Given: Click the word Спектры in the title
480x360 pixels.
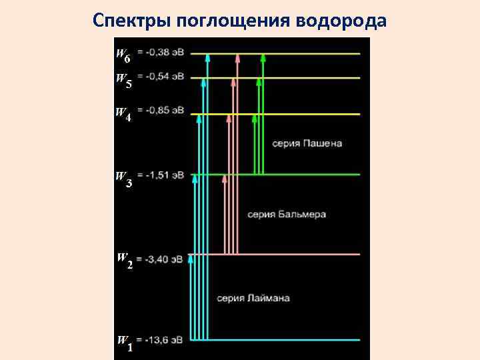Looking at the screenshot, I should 133,21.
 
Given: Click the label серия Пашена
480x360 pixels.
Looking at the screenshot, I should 307,143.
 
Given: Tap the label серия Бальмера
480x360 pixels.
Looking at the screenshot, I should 287,215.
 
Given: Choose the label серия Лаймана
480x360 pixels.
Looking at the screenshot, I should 253,298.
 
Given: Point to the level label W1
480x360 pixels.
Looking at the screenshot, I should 125,343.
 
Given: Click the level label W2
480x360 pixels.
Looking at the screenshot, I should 125,260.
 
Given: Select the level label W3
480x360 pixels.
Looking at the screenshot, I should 124,179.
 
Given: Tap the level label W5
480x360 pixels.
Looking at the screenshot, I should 124,81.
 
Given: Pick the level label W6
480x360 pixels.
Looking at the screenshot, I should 123,55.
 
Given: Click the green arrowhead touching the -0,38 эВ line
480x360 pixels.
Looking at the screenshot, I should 263,58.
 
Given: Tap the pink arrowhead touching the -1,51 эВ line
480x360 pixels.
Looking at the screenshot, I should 225,179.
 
